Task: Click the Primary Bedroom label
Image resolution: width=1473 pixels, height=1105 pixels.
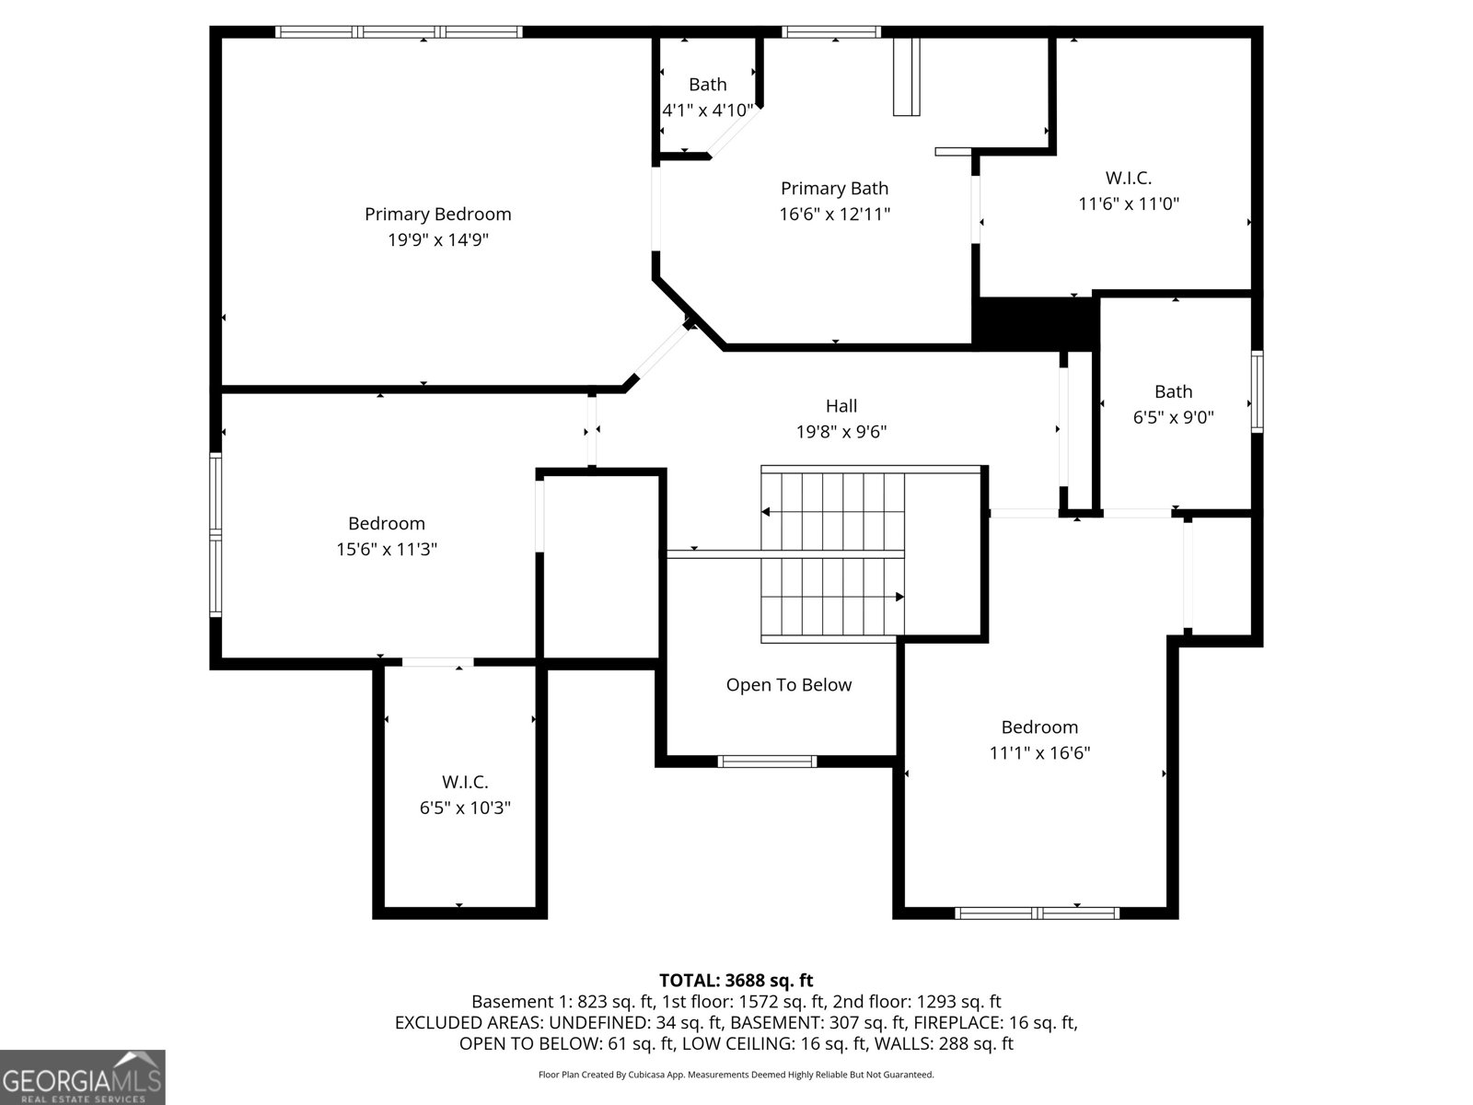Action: click(x=437, y=214)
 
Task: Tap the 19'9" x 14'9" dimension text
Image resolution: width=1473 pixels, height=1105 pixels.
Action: click(x=438, y=239)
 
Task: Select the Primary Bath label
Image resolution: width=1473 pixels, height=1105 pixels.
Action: click(x=834, y=189)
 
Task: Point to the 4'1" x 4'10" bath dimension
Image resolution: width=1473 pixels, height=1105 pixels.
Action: click(x=708, y=110)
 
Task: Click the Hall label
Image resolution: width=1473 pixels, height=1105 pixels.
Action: click(x=841, y=406)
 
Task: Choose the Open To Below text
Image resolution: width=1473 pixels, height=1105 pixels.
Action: click(x=788, y=685)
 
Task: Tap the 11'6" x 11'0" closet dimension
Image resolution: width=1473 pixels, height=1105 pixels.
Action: click(x=1129, y=204)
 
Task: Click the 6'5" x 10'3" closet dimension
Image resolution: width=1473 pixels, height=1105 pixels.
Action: click(x=465, y=808)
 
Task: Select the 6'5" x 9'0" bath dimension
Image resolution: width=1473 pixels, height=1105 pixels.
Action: click(x=1174, y=417)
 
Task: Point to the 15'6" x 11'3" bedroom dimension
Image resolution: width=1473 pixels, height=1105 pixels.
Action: click(x=387, y=550)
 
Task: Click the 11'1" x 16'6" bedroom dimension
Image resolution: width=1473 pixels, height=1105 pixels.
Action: click(x=1039, y=752)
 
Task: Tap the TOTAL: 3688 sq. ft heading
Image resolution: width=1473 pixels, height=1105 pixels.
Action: click(x=736, y=981)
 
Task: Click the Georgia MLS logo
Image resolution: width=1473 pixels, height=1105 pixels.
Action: click(x=83, y=1077)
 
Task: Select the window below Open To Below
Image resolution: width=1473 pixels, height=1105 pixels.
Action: click(x=767, y=761)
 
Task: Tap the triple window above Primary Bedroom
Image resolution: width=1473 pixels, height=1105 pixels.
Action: click(x=399, y=31)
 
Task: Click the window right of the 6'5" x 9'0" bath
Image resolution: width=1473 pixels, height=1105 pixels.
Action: click(x=1258, y=391)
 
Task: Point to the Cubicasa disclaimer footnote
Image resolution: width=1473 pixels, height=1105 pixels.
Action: click(x=736, y=1074)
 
